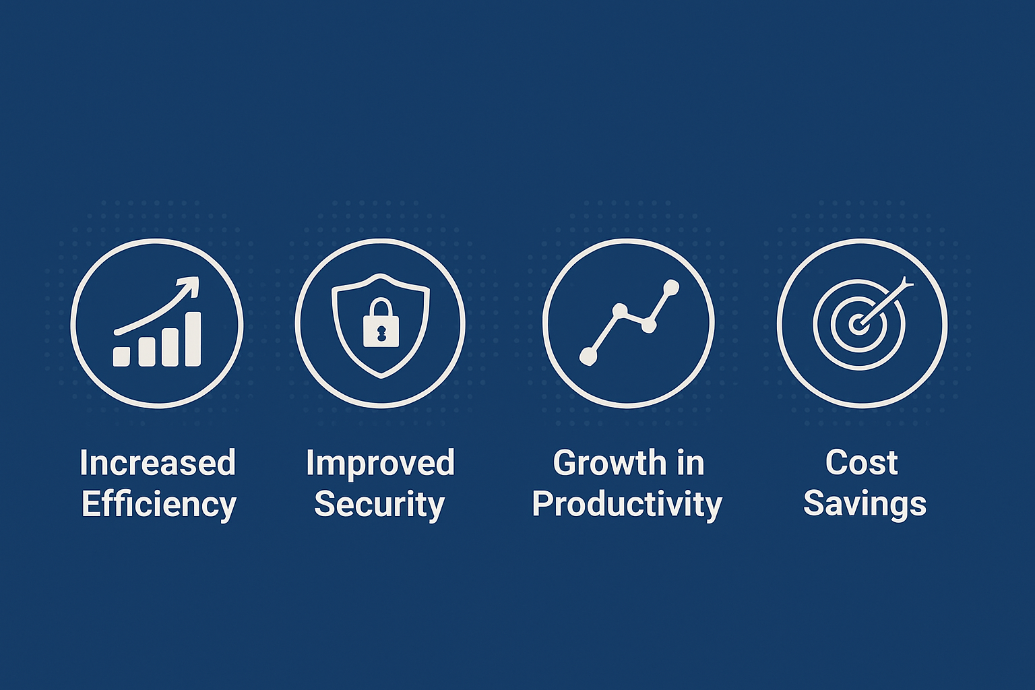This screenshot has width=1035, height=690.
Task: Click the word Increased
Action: (158, 463)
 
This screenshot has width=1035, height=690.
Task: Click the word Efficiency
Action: (158, 505)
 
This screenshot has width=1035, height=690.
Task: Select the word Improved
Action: (380, 464)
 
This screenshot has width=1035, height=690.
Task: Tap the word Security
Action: (379, 505)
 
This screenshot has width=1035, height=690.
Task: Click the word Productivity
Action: (627, 505)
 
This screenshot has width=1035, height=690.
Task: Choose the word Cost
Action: (861, 463)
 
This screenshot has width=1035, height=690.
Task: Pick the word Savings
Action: (865, 505)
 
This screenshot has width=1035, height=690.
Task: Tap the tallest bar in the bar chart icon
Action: (193, 339)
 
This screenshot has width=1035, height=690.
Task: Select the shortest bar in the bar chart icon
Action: (121, 356)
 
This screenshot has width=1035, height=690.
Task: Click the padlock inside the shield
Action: (381, 323)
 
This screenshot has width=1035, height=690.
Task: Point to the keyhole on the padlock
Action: (381, 332)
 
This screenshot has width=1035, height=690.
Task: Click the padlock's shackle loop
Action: (381, 307)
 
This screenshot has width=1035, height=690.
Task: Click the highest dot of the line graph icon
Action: (670, 288)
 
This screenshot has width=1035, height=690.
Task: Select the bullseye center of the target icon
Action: (858, 324)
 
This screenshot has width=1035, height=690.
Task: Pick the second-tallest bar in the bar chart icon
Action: (170, 348)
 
